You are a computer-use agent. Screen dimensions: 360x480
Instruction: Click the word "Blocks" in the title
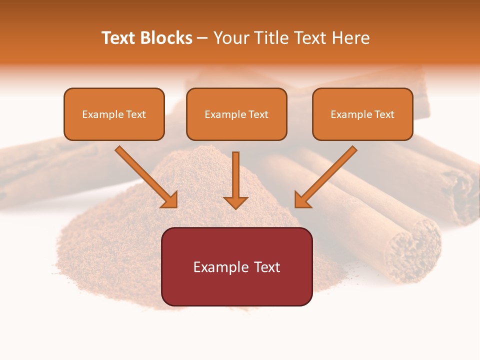167,38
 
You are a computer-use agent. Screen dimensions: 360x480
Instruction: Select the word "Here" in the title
350,38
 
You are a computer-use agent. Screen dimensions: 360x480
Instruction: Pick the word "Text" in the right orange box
384,114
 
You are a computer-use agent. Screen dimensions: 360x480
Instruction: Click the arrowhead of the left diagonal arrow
169,199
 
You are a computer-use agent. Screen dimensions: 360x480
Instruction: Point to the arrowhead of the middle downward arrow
235,202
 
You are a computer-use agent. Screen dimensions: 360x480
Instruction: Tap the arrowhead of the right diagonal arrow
302,199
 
